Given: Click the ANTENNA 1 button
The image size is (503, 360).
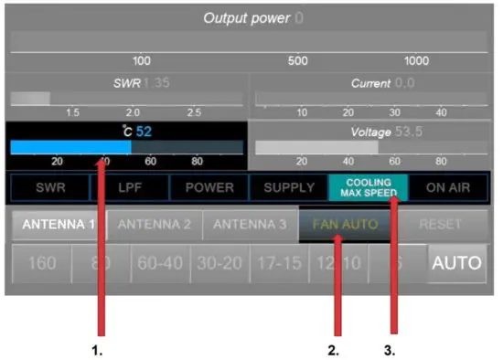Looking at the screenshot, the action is pos(58,224).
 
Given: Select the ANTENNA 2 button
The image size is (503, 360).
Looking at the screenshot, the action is pos(154,224).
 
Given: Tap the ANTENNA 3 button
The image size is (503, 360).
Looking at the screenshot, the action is pos(251,224).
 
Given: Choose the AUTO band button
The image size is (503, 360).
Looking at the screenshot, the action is pos(456,264).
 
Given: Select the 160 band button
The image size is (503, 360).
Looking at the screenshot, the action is pos(42,264).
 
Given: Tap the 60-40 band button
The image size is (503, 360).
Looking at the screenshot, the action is pos(160,264).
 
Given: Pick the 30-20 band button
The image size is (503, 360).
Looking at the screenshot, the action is pos(219,264).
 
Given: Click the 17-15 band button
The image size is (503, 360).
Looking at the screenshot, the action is pos(277,264).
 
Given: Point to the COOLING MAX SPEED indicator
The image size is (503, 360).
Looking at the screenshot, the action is pos(368,187).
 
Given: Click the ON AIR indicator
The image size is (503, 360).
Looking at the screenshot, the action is pos(447,187).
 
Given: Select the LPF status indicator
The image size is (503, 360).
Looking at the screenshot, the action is pos(129,187).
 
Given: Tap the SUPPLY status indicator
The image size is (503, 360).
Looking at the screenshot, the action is pos(288,187).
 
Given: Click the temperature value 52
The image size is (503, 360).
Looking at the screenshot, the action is pos(144,132).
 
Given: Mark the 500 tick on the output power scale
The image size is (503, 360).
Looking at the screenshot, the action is pos(297,61).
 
